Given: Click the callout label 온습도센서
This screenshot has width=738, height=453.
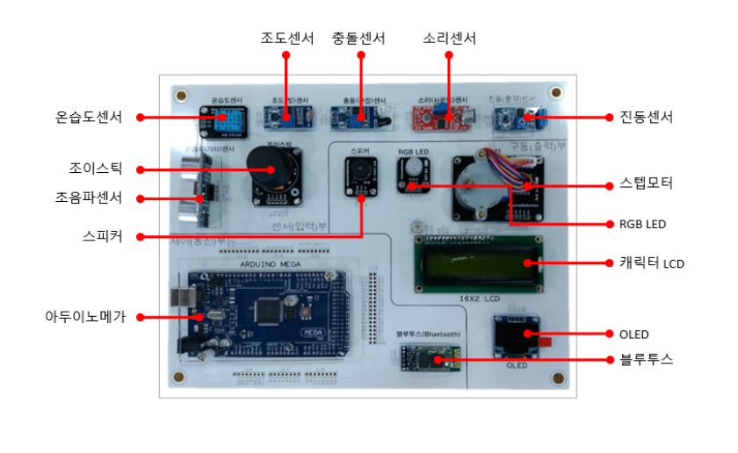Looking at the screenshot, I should pyautogui.click(x=86, y=117).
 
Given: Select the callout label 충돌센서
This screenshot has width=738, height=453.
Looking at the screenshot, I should pyautogui.click(x=358, y=38).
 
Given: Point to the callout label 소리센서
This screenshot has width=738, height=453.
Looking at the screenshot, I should pyautogui.click(x=448, y=38).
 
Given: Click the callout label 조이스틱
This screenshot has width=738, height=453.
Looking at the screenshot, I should pyautogui.click(x=96, y=169).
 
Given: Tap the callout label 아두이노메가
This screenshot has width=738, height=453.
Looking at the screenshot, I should pyautogui.click(x=85, y=317).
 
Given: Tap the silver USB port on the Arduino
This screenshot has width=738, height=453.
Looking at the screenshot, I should pyautogui.click(x=182, y=301).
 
